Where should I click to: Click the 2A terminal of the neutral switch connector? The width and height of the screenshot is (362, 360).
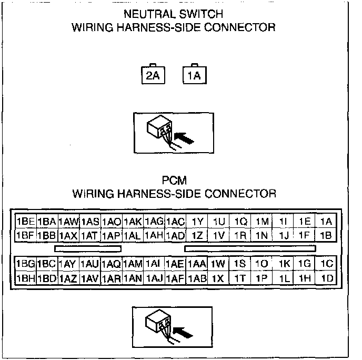[153, 75]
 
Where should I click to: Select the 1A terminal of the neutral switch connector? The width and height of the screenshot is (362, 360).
[194, 75]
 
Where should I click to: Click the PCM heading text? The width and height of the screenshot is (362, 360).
[174, 181]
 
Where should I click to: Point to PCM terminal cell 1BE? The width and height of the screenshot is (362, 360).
[25, 221]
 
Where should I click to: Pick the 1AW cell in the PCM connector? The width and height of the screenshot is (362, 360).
[68, 221]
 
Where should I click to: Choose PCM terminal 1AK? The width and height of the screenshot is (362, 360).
[133, 221]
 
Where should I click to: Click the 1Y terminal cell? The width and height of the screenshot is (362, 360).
[197, 221]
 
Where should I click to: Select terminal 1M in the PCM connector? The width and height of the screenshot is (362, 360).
[262, 221]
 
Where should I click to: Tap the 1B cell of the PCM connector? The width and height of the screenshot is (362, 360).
[326, 235]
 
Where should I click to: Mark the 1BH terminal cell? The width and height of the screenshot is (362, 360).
[25, 278]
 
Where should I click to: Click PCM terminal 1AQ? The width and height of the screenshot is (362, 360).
[111, 264]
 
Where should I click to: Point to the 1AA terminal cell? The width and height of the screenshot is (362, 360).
[197, 264]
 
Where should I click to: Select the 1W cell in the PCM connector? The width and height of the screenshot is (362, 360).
[218, 264]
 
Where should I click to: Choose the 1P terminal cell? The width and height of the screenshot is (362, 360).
[262, 278]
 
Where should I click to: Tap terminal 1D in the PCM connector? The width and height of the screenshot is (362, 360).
[326, 278]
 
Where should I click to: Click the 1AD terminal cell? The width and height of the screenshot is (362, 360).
[175, 235]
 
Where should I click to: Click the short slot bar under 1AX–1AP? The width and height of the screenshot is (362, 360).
[88, 249]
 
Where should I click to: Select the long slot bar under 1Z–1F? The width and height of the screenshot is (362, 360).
[250, 249]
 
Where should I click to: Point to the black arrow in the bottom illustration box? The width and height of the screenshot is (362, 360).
[183, 333]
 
